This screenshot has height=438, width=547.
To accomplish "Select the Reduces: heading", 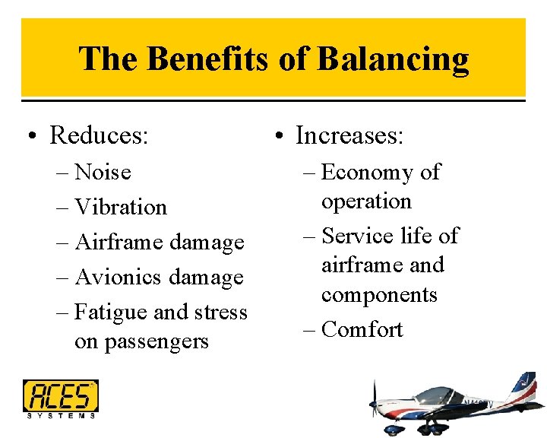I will click(99, 135).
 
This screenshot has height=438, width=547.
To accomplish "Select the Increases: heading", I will click(349, 135).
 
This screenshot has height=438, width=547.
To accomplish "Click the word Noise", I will click(103, 172).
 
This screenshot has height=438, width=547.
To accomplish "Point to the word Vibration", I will click(121, 207).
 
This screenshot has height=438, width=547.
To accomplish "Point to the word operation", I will click(366, 202).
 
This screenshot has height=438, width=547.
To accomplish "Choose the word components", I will click(379, 294).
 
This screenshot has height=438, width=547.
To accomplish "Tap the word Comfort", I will click(362, 329).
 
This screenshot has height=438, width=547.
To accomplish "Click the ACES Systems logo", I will click(60, 398).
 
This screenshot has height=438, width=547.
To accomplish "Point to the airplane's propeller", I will click(373, 400).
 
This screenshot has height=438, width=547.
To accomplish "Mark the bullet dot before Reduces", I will click(28, 137).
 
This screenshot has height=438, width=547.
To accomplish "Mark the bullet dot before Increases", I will click(280, 137).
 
